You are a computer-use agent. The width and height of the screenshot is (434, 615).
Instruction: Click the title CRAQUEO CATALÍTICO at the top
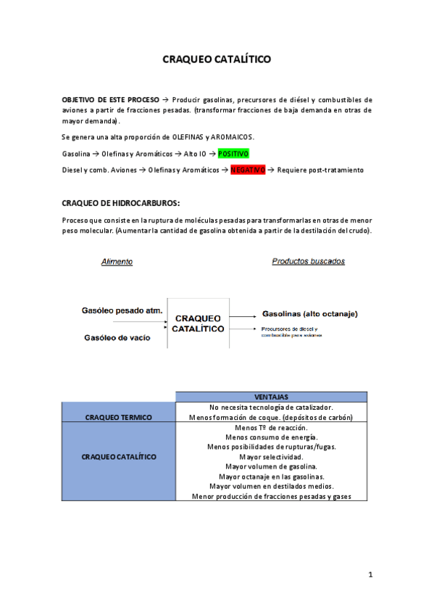click(x=217, y=59)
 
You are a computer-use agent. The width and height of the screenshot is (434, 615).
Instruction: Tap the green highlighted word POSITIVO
click(x=233, y=154)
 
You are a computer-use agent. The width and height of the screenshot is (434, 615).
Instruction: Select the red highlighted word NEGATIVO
click(x=248, y=170)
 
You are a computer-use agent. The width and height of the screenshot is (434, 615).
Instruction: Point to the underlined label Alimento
click(x=117, y=262)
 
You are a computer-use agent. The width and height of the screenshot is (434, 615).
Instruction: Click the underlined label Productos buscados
click(x=308, y=261)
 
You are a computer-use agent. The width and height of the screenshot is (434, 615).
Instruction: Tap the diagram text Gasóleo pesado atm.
click(x=121, y=311)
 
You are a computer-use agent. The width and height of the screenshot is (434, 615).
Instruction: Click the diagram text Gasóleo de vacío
click(x=117, y=337)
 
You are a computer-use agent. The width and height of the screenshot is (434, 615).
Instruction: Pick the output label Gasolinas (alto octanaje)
click(x=309, y=314)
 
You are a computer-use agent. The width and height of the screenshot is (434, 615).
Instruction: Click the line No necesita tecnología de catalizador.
click(x=271, y=408)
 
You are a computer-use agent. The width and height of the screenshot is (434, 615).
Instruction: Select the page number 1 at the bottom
click(x=370, y=575)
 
